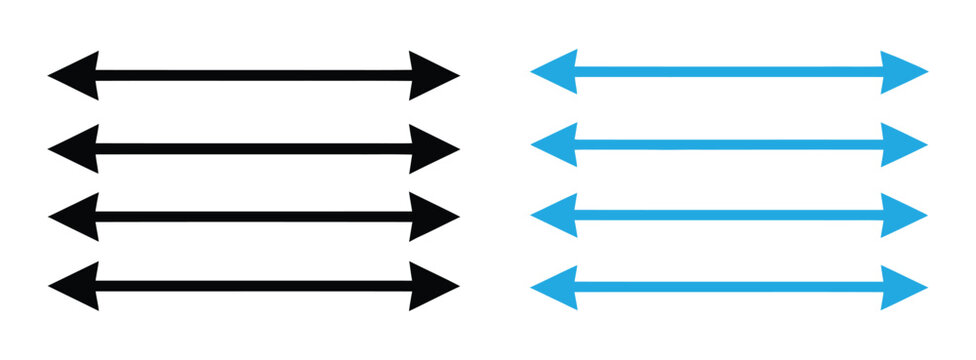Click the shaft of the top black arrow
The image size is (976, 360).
[x=254, y=75]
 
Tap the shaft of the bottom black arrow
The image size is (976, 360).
[x=254, y=286]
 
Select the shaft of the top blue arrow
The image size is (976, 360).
[x=729, y=71]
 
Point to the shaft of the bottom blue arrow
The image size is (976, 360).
[x=729, y=287]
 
